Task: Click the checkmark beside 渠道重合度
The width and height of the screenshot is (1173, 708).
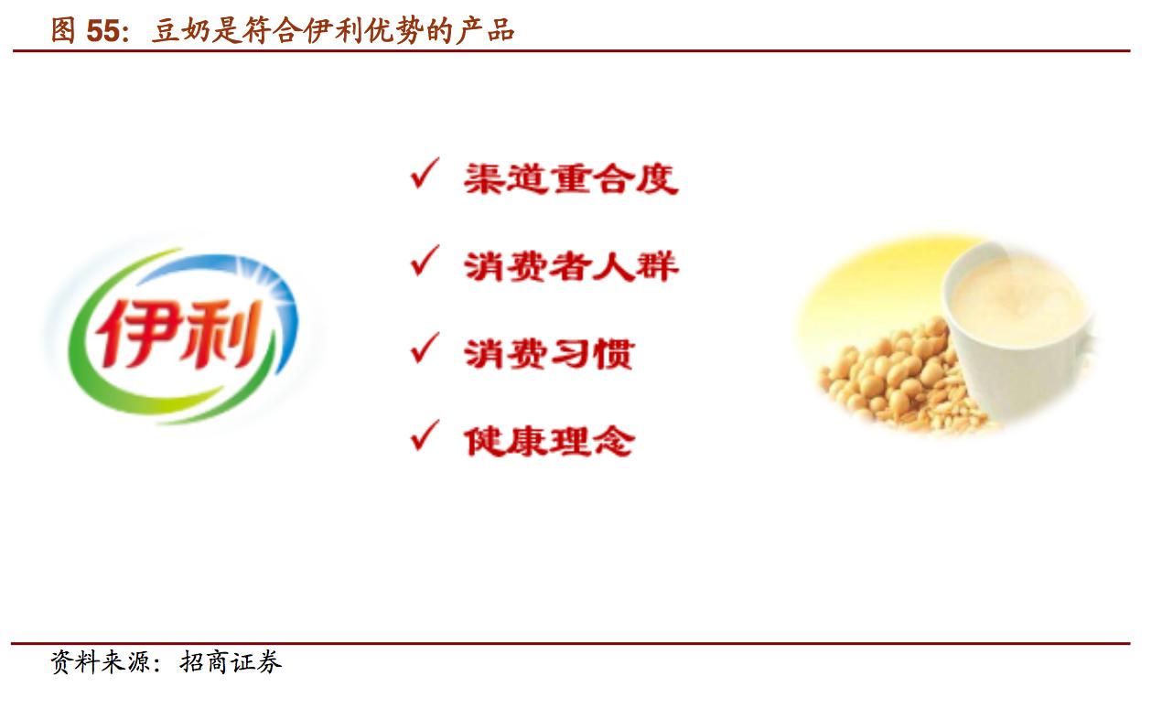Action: click(x=425, y=174)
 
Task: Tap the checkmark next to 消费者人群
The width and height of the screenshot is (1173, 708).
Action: click(x=425, y=263)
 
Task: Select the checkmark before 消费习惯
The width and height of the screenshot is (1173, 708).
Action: click(x=425, y=349)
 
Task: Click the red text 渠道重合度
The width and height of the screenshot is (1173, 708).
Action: click(x=571, y=178)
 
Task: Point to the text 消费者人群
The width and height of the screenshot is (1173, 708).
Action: click(x=571, y=266)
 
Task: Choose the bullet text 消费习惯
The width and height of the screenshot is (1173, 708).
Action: click(x=548, y=353)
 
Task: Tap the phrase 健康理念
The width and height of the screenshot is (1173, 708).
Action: click(x=549, y=441)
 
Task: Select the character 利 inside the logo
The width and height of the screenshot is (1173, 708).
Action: click(x=216, y=331)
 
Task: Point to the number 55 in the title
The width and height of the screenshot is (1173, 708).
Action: click(x=102, y=31)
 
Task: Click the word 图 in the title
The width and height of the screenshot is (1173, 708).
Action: click(x=62, y=31)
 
